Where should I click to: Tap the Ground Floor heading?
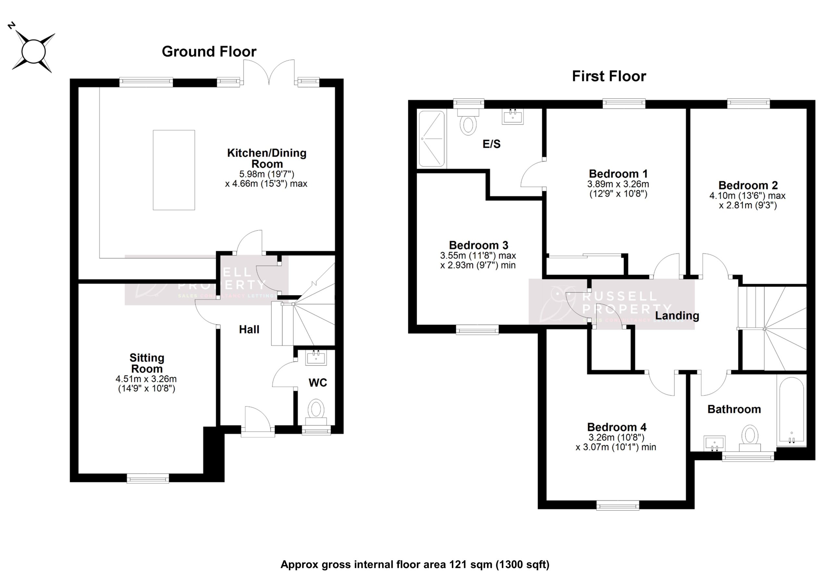(x=209, y=52)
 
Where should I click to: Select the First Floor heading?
(x=609, y=76)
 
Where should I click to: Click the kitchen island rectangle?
(x=174, y=170)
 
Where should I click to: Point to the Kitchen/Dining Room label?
(x=267, y=158)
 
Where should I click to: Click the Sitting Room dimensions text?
(x=146, y=384)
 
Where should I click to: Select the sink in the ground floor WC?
(x=316, y=358)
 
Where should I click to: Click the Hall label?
(x=249, y=329)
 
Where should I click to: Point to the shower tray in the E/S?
(x=432, y=139)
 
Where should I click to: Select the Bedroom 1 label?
(x=618, y=174)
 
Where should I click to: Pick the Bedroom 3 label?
(x=478, y=245)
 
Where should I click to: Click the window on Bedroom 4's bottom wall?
(x=617, y=505)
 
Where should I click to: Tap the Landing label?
(x=677, y=316)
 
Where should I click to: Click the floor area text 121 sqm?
(x=470, y=565)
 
